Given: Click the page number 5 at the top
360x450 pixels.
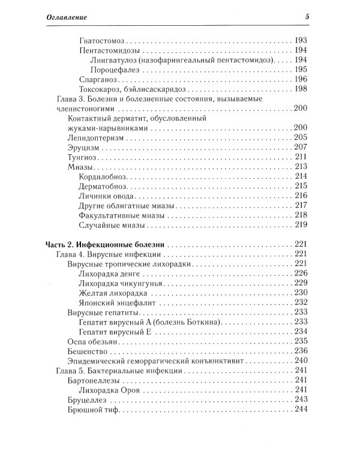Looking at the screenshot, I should [x=306, y=16].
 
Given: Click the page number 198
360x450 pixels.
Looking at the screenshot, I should [x=301, y=89].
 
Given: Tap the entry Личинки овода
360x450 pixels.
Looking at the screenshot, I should [x=106, y=196].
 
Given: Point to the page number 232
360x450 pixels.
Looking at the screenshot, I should [x=301, y=302].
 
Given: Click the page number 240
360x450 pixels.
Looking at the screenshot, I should [x=301, y=360].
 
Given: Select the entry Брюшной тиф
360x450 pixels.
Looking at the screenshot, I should [x=89, y=409].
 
